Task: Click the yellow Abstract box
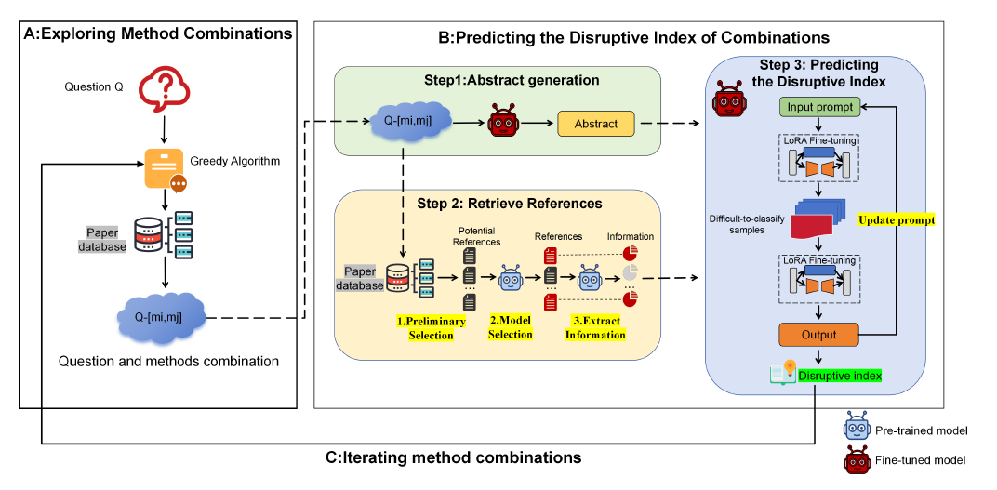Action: [x=595, y=124]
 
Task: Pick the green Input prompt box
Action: [x=818, y=108]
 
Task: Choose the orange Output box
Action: [x=818, y=335]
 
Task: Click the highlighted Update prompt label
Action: [x=896, y=221]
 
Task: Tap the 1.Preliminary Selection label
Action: [x=431, y=327]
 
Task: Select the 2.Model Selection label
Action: [x=511, y=327]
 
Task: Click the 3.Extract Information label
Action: [x=595, y=327]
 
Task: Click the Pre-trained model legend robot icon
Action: [x=857, y=428]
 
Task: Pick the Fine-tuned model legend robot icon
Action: [x=857, y=459]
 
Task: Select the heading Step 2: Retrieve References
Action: [x=509, y=203]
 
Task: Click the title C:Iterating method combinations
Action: [x=453, y=457]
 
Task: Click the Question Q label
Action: [x=93, y=87]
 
